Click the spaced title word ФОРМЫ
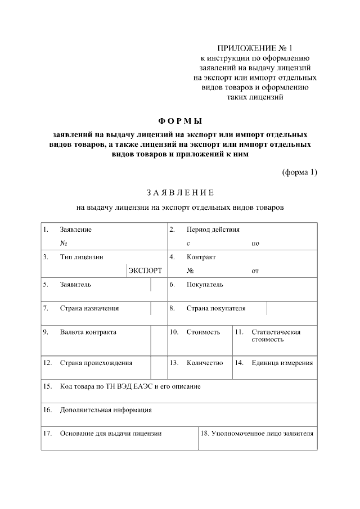pos(180,121)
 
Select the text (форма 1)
pos(299,172)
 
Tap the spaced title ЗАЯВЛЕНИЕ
pos(180,193)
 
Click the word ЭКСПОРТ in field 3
pos(145,271)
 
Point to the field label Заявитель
pos(75,285)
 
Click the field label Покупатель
pos(205,285)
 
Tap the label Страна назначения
pos(89,308)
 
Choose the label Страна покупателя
pos(216,308)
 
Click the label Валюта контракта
pos(88,332)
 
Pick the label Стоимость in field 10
pos(203,332)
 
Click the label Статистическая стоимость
pos(276,336)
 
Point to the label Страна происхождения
pos(96,363)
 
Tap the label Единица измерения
pos(282,363)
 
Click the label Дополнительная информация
pos(106,410)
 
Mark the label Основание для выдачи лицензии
pos(111,434)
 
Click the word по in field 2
pos(255,244)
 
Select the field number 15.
pos(48,386)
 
